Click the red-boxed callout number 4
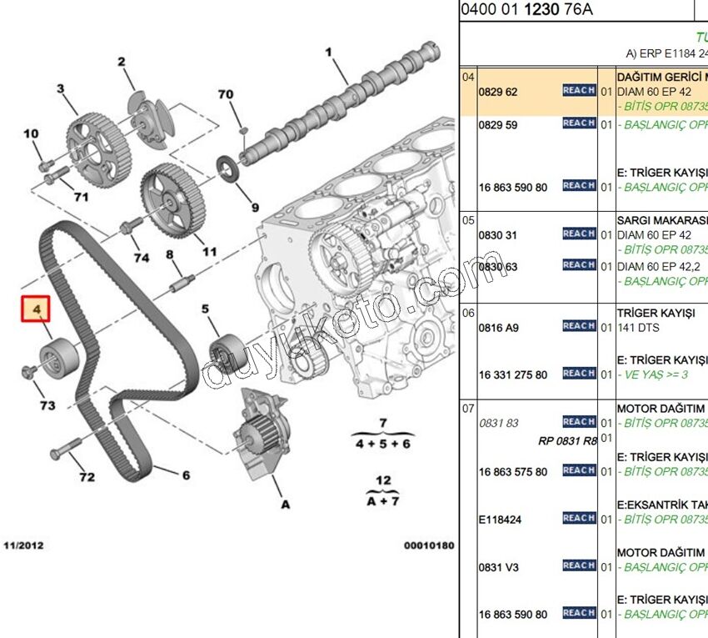37,311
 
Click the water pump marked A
262,441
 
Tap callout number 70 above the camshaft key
226,94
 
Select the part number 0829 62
498,92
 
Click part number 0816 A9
498,328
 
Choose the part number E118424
500,520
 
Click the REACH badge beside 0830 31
579,234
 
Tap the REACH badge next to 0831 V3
579,565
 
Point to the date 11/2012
24,545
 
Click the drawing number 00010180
428,545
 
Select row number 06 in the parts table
468,313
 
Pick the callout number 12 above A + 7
382,480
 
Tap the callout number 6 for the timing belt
186,475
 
